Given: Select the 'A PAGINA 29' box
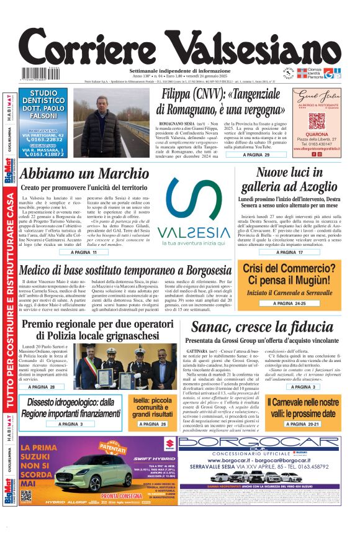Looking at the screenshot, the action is [256, 155].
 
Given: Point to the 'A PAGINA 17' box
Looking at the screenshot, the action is [290, 253].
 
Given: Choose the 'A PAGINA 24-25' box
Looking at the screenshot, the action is [290, 304].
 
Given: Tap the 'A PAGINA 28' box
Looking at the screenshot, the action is [45, 387].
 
